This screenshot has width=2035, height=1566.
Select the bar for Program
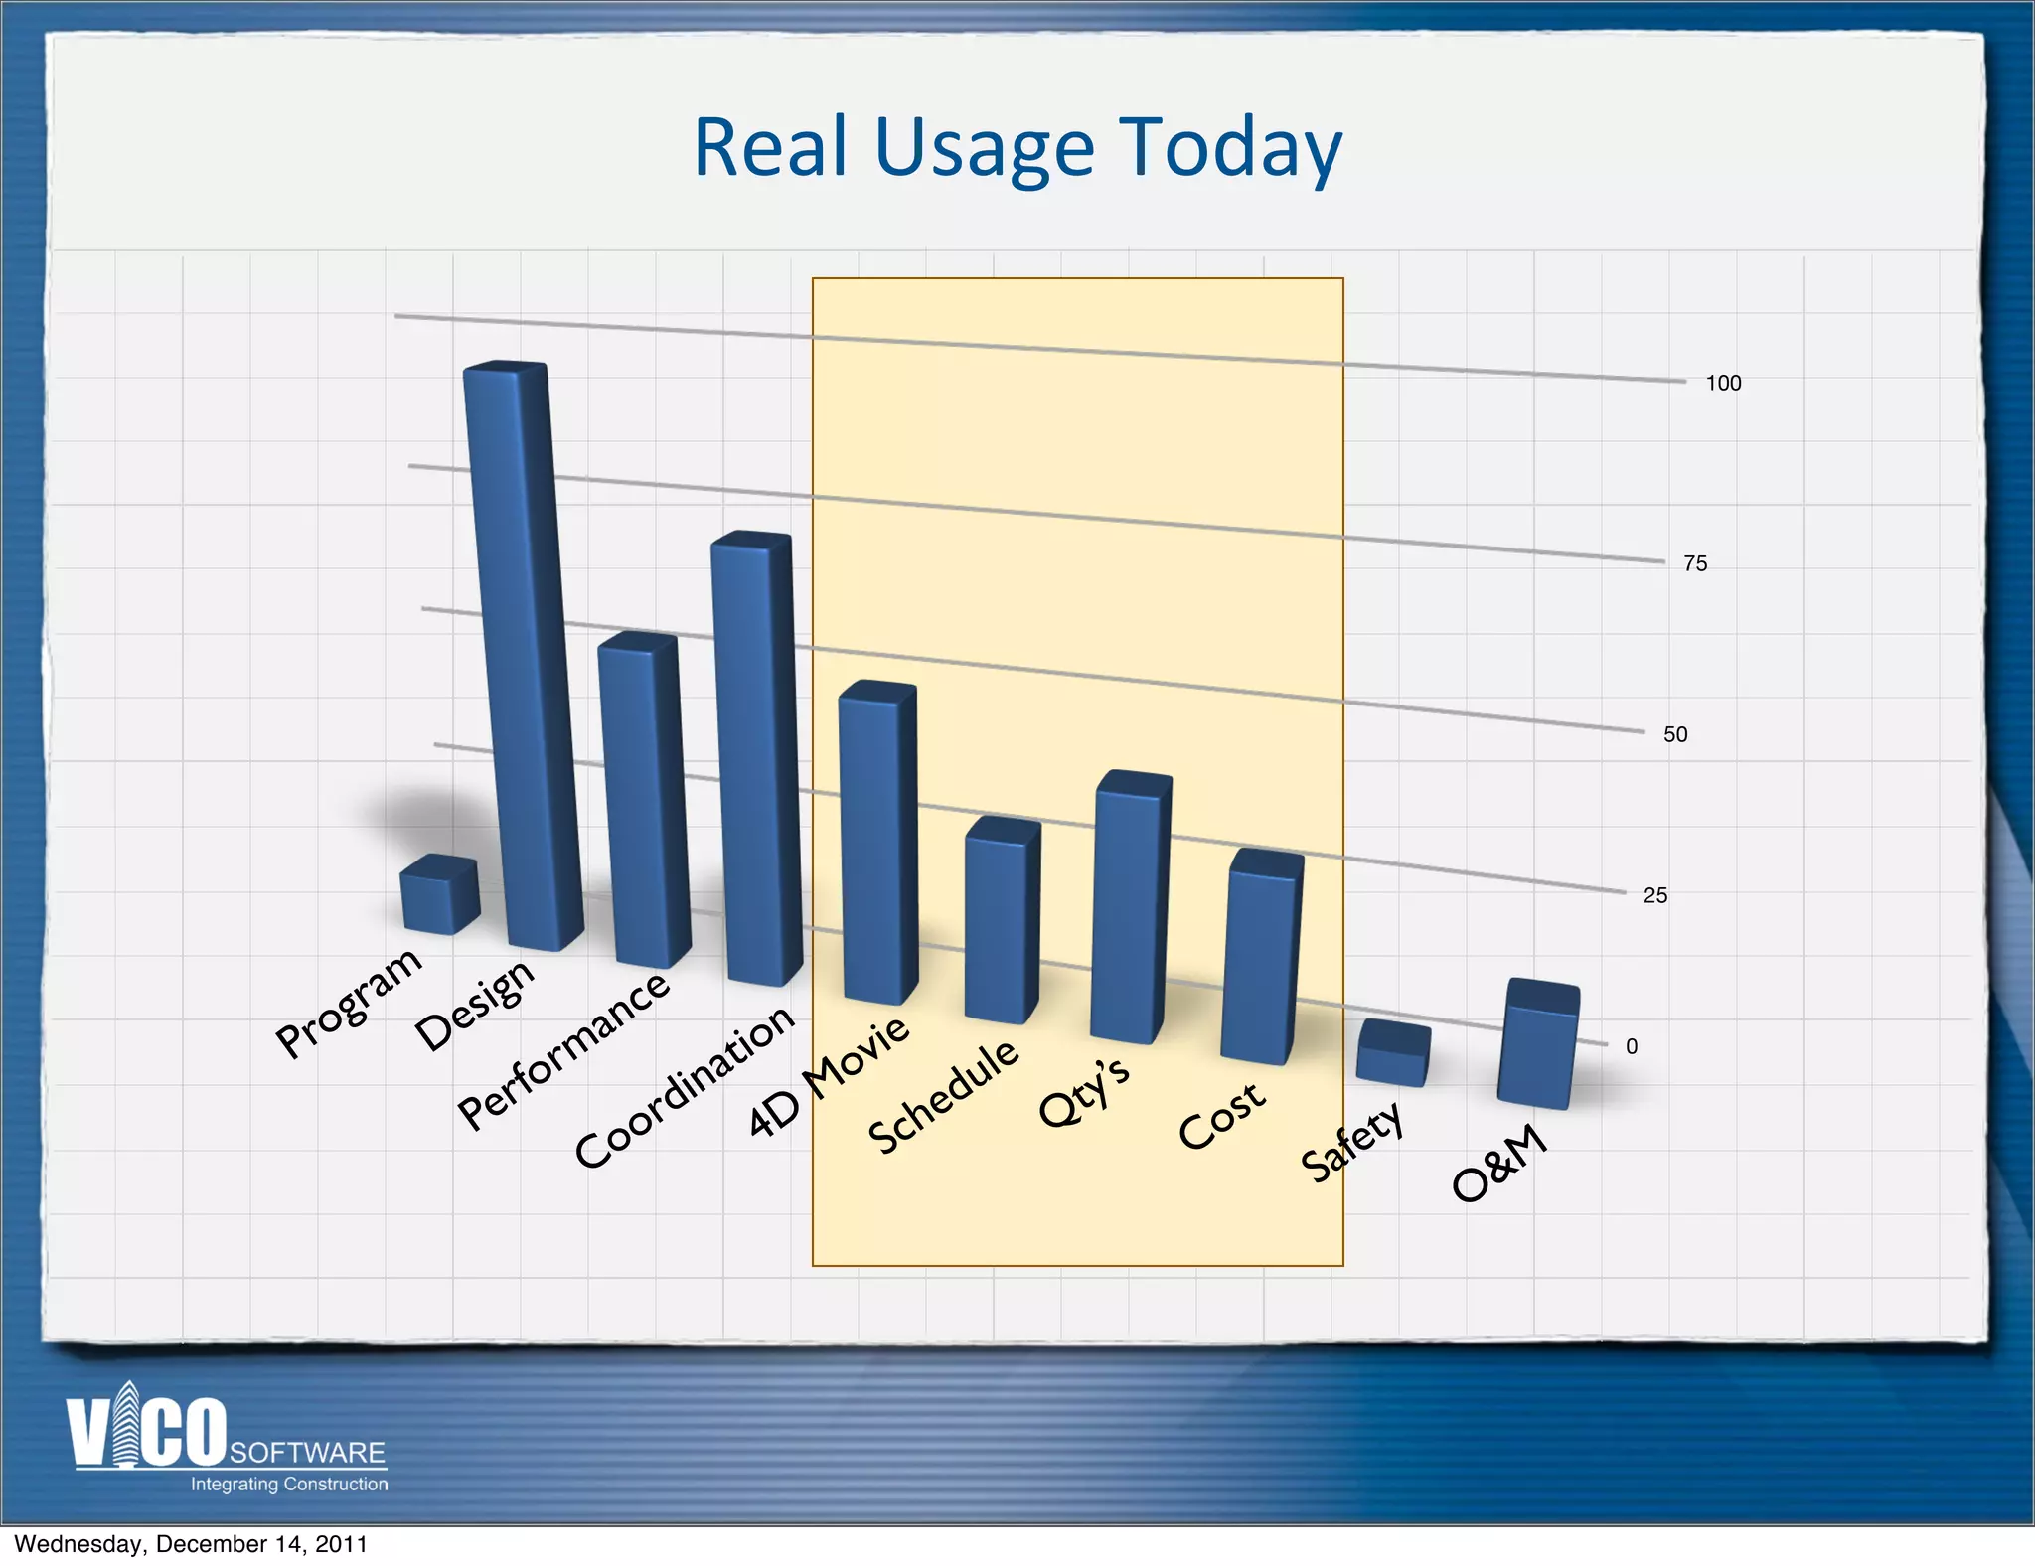[439, 895]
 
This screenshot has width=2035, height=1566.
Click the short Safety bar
[1393, 1053]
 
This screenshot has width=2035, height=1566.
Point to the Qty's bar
[1131, 909]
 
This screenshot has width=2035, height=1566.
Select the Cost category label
[1221, 1115]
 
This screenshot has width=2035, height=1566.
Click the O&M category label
[1499, 1163]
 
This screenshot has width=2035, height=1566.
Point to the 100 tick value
[1723, 384]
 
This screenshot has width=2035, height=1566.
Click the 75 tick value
[1695, 564]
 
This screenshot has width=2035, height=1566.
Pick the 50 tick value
[1675, 735]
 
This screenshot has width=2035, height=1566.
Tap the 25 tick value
[1655, 896]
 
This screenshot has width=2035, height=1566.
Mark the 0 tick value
[1632, 1046]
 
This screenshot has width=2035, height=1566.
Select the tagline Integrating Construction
[289, 1485]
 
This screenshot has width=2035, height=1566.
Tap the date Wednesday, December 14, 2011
[191, 1544]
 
